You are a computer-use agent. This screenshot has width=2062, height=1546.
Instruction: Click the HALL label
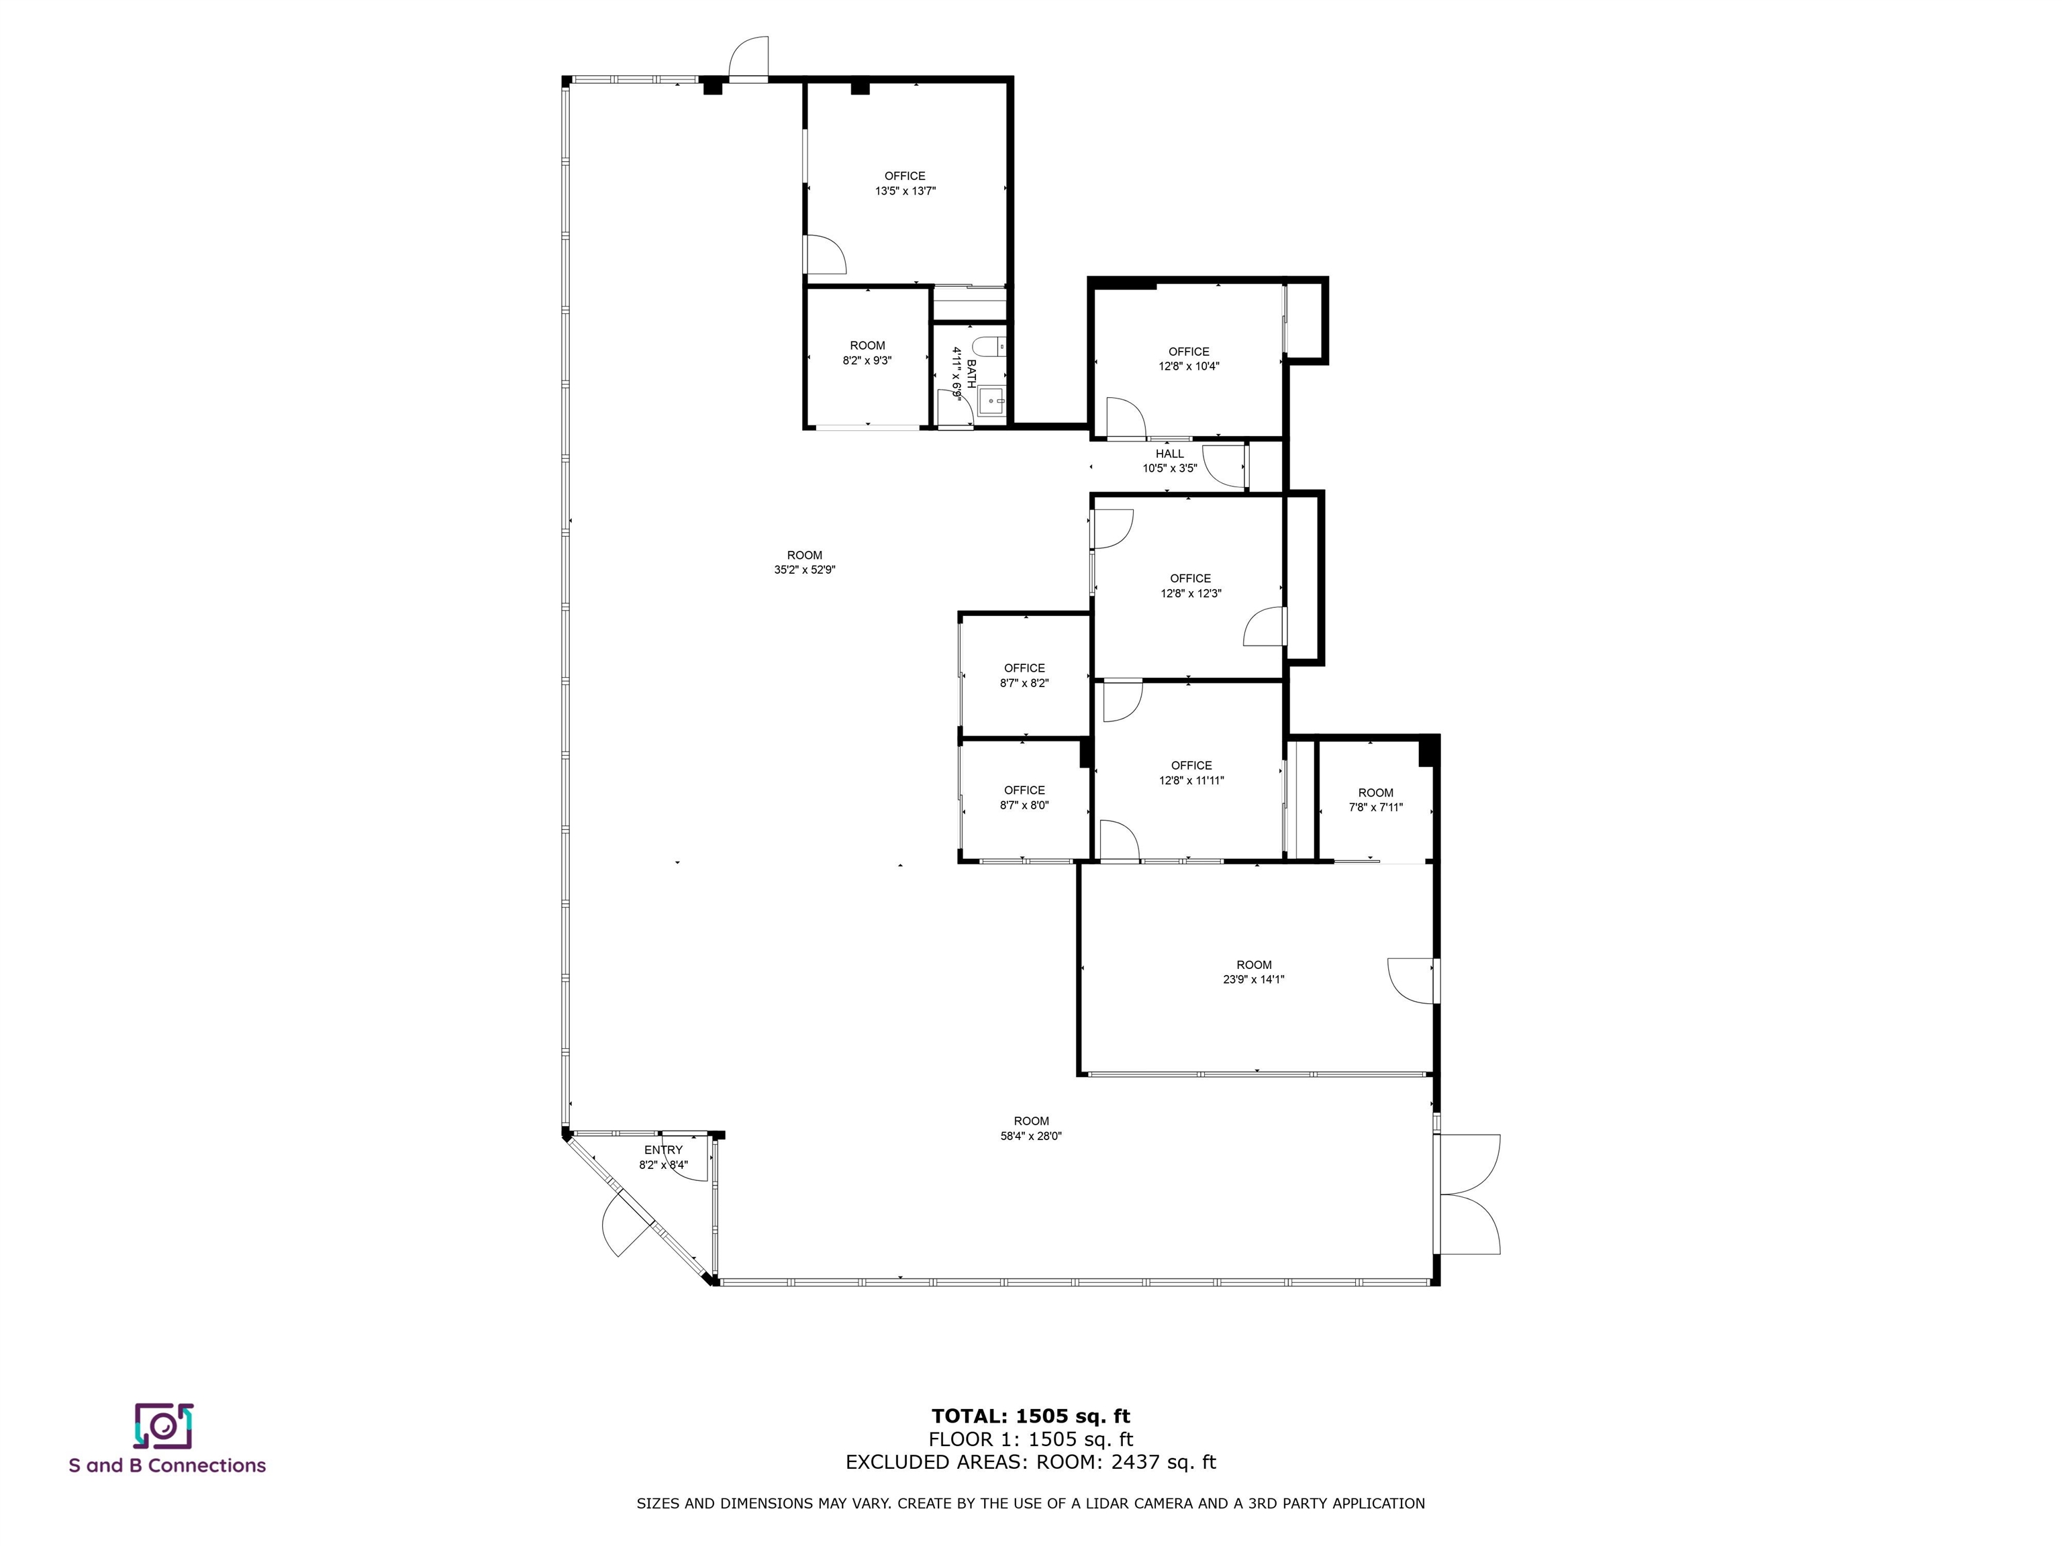click(1169, 454)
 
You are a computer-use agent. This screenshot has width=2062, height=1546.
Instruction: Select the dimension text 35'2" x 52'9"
click(805, 570)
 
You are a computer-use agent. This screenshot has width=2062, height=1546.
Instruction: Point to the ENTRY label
click(662, 1150)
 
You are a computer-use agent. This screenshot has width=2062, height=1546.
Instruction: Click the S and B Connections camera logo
click(163, 1426)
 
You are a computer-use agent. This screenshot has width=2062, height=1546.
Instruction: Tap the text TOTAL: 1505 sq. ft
click(1031, 1416)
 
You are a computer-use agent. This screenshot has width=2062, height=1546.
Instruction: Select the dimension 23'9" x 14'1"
click(1254, 980)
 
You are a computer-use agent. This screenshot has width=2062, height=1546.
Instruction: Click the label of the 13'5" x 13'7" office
click(904, 176)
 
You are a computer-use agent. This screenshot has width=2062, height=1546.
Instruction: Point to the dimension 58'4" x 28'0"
click(1031, 1136)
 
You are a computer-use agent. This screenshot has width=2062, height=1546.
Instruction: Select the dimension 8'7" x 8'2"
click(1024, 683)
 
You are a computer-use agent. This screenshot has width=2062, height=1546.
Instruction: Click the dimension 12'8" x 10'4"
click(1189, 366)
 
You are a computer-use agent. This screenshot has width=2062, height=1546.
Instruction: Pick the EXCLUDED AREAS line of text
click(1031, 1462)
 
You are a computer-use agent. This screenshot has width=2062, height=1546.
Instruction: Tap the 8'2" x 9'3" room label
click(867, 346)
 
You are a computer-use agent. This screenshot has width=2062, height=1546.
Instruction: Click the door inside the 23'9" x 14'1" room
click(1410, 980)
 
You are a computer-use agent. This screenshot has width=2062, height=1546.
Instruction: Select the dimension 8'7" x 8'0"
click(1024, 805)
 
